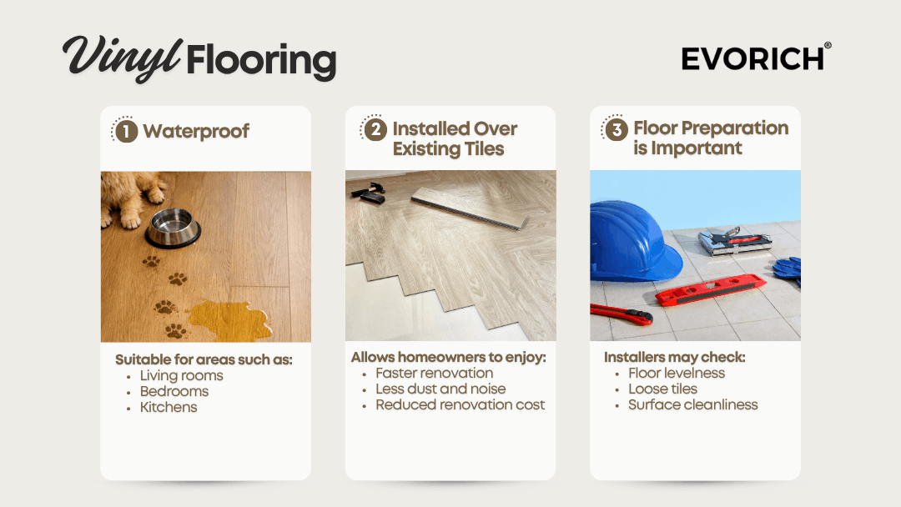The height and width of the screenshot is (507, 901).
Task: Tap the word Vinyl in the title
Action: tap(123, 58)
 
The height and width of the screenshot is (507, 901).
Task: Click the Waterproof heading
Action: tap(196, 131)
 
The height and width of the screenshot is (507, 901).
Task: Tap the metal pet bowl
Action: tap(173, 228)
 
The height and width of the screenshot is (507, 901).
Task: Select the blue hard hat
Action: tap(632, 241)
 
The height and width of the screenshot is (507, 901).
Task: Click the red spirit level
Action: tap(711, 289)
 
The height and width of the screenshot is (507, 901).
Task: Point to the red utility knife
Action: tap(620, 314)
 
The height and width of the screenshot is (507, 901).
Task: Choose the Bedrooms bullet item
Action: tap(174, 392)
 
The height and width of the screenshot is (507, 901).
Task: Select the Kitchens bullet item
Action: tap(169, 407)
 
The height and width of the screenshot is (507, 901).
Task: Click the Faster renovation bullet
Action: tap(435, 374)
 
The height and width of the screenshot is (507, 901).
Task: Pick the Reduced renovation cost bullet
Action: tap(460, 404)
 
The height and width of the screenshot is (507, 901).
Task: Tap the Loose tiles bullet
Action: tap(662, 389)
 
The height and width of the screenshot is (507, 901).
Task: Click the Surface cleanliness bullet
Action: tap(693, 404)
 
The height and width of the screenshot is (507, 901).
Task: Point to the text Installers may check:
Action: tap(675, 357)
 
